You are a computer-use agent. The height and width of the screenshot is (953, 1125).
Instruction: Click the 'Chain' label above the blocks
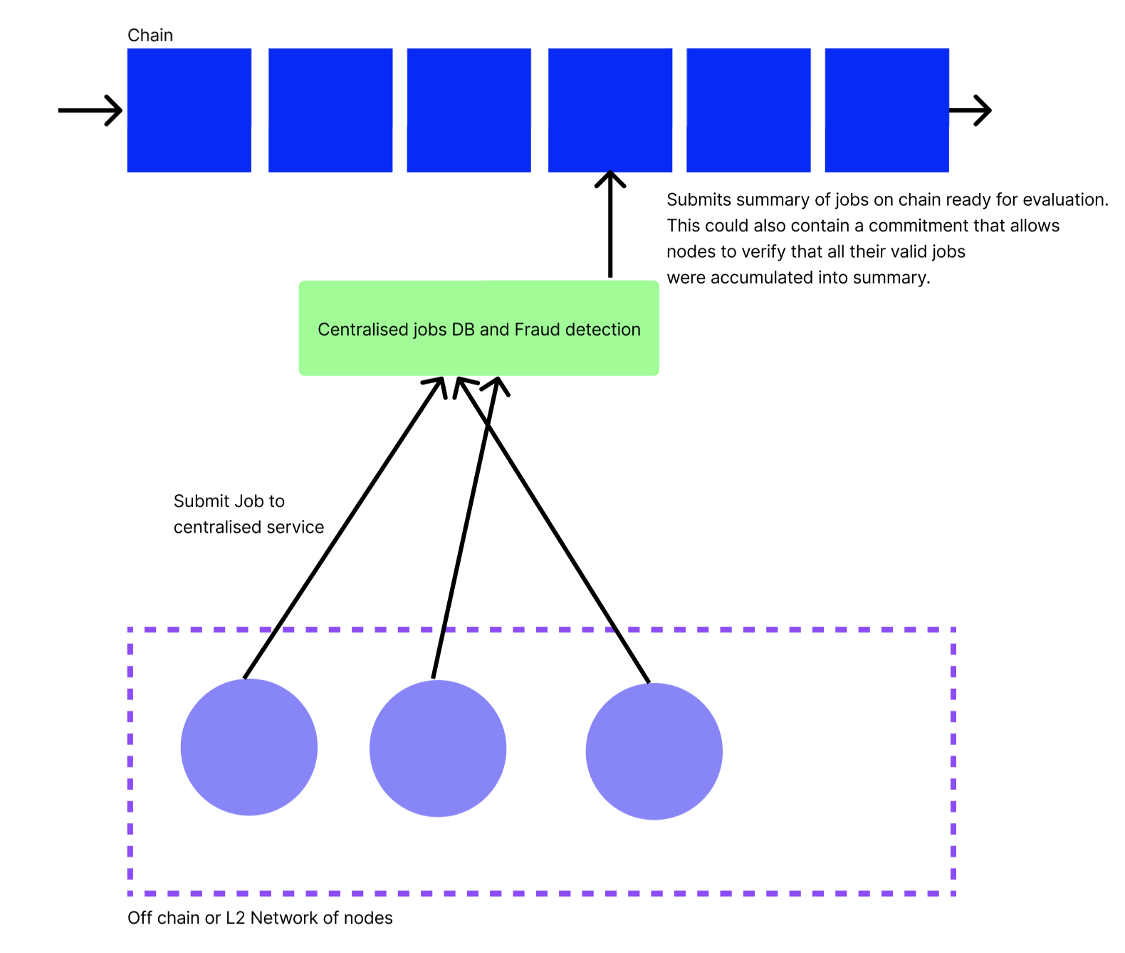150,36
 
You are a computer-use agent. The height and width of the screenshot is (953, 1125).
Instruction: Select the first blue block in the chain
189,110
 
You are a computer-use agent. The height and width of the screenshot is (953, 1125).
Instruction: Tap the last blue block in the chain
886,110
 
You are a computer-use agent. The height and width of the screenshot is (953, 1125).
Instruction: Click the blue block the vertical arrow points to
609,110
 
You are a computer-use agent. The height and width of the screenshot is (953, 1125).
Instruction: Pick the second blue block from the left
330,110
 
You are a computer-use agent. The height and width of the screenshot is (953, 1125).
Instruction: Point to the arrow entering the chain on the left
90,110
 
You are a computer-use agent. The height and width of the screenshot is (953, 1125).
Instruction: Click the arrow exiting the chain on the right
970,110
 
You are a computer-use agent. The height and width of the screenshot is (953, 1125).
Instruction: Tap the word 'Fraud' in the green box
537,330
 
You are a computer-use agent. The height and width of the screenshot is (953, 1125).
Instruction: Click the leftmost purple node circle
248,747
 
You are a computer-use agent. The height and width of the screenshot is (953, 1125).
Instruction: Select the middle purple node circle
437,749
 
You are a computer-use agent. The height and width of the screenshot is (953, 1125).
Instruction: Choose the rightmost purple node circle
654,751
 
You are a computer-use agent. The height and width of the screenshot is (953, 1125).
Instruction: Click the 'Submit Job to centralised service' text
248,514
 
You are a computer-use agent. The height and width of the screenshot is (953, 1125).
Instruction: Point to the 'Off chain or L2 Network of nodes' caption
260,918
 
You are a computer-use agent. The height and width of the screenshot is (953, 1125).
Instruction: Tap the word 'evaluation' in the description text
1064,200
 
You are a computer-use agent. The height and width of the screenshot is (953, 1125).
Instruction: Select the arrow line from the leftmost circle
342,531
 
